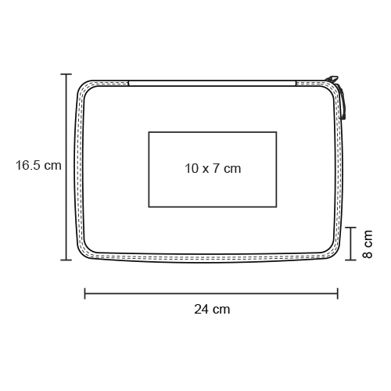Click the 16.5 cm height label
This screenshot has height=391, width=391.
click(x=38, y=166)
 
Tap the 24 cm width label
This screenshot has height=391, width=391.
click(x=212, y=310)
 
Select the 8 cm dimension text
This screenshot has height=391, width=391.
click(x=368, y=244)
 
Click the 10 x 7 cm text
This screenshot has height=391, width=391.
click(x=213, y=168)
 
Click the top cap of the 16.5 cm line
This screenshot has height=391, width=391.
click(x=66, y=74)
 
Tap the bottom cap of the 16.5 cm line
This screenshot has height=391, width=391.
click(x=66, y=260)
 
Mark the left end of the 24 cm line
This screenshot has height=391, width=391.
click(x=85, y=293)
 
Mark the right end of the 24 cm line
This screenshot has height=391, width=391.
click(x=338, y=293)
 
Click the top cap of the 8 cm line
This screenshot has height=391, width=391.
click(x=351, y=228)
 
